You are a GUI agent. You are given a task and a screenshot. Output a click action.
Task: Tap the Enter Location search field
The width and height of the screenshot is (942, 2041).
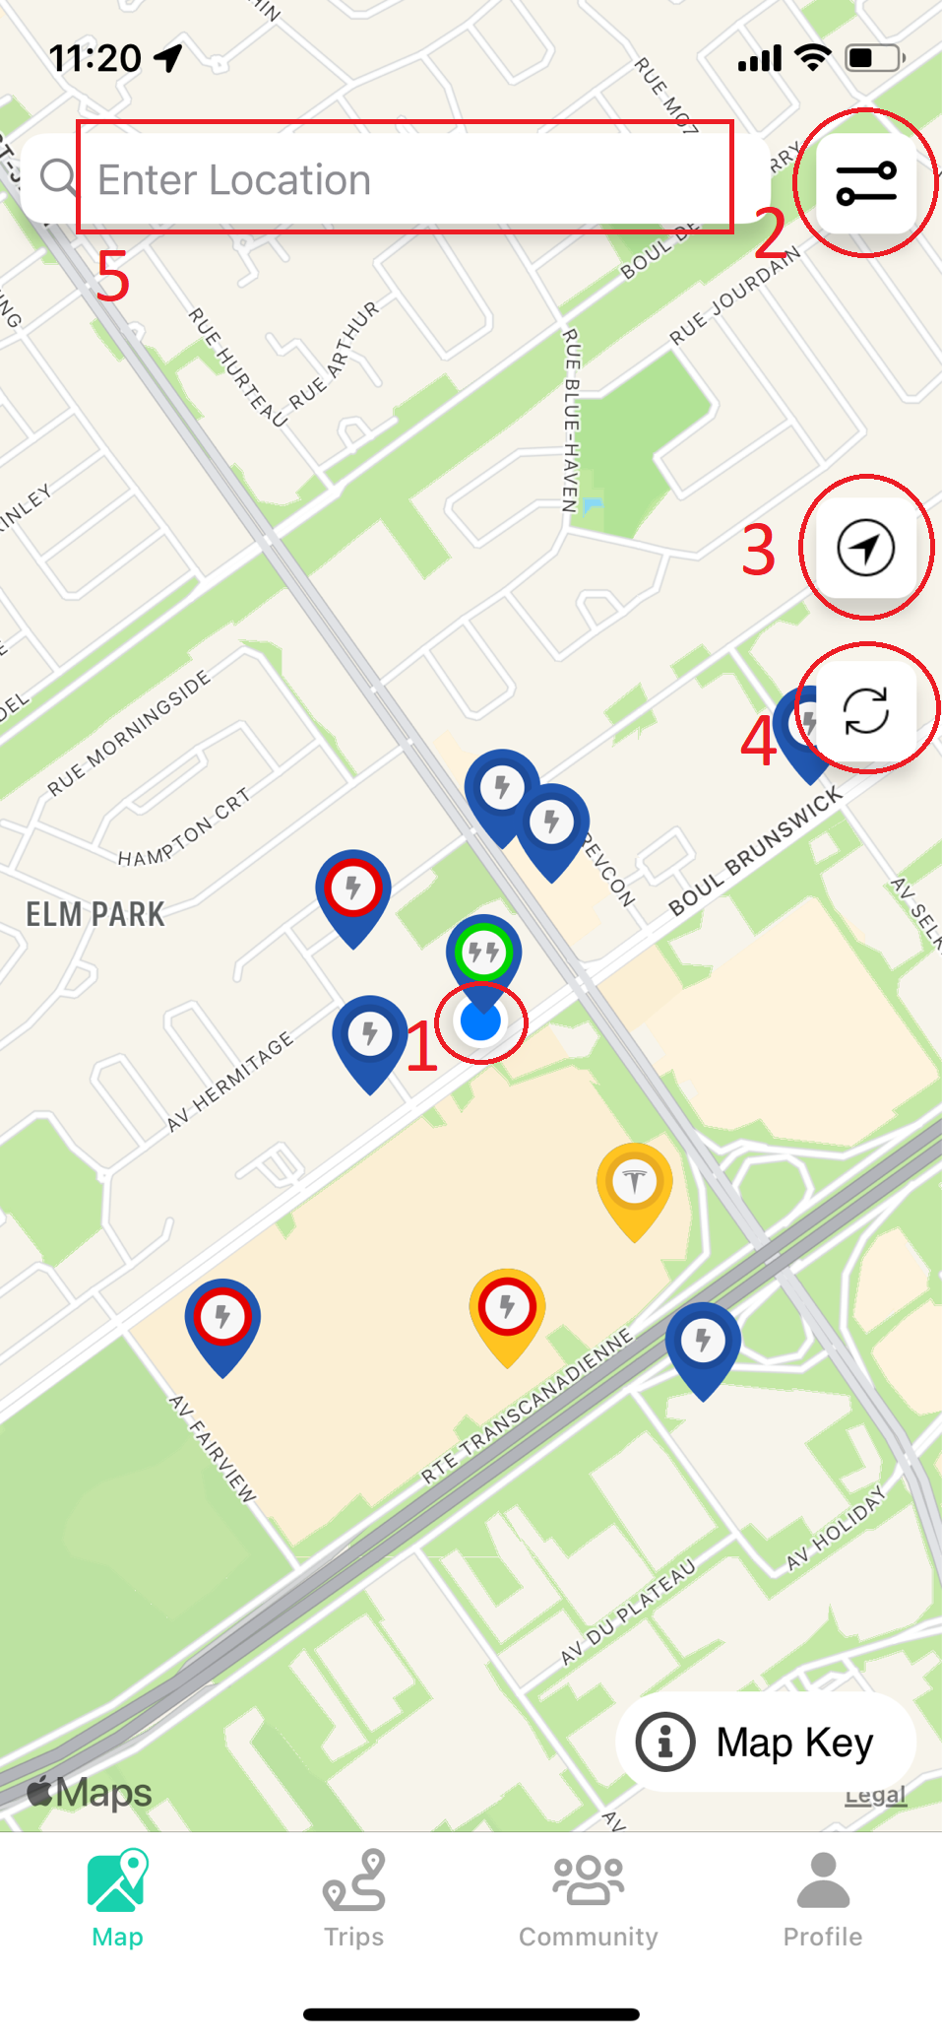(x=404, y=179)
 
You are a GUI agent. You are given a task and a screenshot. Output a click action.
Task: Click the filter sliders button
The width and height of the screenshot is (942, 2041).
(x=866, y=184)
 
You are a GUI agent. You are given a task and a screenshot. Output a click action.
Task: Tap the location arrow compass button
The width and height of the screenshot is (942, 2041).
(x=866, y=548)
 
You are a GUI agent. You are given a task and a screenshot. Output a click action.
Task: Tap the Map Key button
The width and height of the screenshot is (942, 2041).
(x=767, y=1742)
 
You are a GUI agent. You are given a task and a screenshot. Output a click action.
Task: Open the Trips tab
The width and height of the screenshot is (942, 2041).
(x=354, y=1898)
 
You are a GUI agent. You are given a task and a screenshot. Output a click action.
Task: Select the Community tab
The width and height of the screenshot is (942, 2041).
(x=589, y=1898)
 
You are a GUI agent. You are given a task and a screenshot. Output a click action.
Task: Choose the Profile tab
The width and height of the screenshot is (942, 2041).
(x=823, y=1898)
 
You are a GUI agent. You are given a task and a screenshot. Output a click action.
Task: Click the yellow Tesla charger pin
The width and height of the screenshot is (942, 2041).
(x=635, y=1184)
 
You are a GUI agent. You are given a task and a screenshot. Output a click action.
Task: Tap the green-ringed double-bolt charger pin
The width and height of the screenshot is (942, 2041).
(x=483, y=954)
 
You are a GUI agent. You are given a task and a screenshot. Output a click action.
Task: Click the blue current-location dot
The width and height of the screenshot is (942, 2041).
(x=481, y=1022)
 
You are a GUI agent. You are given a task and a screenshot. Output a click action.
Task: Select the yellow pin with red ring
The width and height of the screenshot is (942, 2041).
(x=508, y=1310)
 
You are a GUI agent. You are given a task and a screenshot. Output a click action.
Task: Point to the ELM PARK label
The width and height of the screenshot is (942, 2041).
(x=95, y=914)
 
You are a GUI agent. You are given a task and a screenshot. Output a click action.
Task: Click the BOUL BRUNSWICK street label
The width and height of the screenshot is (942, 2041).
(x=755, y=851)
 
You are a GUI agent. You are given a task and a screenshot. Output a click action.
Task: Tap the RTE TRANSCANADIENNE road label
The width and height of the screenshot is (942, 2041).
(x=527, y=1406)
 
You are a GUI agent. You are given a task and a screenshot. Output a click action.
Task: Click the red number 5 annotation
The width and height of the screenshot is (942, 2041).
(x=112, y=277)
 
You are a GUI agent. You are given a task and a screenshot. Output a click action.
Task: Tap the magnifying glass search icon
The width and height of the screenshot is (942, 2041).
(x=58, y=178)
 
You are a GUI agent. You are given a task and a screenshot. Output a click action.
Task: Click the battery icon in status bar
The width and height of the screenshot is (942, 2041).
(x=874, y=58)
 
